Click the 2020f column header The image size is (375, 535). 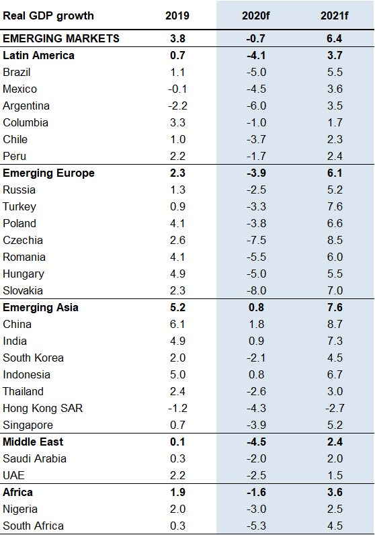coord(255,15)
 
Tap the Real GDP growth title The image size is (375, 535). coord(48,15)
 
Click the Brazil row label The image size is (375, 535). coord(17,72)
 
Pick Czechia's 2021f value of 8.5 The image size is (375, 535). coord(334,240)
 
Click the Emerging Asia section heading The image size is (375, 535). coord(41,307)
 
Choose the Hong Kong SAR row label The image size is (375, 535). coord(43,408)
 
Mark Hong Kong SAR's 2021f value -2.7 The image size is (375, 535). coord(334,408)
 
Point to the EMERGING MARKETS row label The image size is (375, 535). coord(61,38)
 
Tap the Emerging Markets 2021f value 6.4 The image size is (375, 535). coord(334,38)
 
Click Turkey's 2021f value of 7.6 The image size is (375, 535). coord(334,206)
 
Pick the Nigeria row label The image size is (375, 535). coord(20,509)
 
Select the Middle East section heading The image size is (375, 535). coord(34,442)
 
